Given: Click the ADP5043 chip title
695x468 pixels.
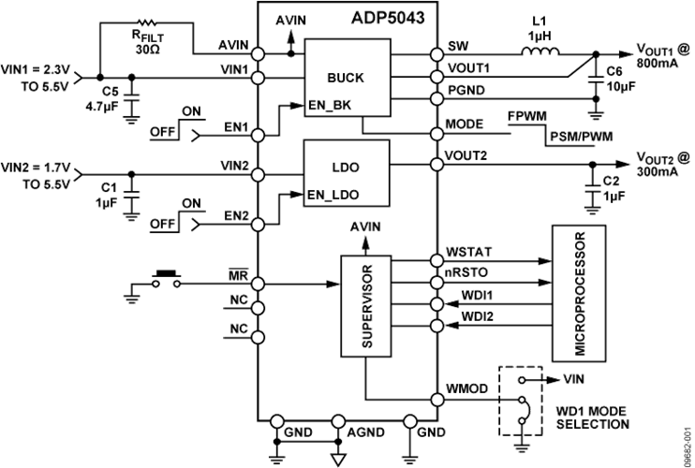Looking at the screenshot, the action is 388,18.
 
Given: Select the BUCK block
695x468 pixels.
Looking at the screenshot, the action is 347,78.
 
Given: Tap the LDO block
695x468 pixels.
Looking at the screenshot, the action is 347,173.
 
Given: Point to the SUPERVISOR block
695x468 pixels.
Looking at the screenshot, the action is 365,306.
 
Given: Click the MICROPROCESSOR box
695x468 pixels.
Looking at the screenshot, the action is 579,293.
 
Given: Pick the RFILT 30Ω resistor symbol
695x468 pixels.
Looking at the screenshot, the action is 147,22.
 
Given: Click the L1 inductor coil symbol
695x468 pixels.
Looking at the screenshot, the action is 540,51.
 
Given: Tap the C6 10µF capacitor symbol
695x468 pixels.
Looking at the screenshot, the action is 596,80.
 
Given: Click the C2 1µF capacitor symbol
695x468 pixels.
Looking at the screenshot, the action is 593,188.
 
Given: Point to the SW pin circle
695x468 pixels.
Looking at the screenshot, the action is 437,54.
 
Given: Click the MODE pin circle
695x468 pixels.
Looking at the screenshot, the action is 437,133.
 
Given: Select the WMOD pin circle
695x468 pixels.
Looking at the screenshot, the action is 437,400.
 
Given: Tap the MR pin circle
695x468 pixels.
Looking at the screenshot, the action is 258,284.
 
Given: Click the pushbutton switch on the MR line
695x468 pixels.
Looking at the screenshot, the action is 167,279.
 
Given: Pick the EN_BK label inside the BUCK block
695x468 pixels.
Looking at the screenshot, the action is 331,105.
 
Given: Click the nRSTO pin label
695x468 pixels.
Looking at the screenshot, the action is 466,272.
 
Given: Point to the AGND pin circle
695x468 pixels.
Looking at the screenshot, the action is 337,421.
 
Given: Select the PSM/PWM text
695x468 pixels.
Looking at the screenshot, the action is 582,137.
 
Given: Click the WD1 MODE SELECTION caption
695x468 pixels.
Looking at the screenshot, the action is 593,417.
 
